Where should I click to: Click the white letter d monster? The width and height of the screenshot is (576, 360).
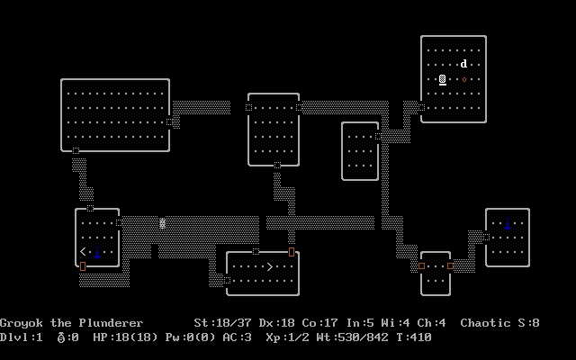pos(464,64)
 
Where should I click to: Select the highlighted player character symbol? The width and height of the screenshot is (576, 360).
pos(443,79)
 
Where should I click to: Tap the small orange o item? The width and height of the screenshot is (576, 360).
pos(464,79)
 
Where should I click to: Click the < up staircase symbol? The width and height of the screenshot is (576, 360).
pos(83,252)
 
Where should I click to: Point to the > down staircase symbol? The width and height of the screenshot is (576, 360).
pos(270,266)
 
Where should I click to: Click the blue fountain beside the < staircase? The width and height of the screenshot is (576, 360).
pos(97,252)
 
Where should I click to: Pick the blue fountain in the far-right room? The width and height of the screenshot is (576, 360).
pos(508,223)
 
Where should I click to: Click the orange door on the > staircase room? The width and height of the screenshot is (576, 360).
pos(292,252)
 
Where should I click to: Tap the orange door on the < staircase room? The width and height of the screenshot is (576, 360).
pos(83,266)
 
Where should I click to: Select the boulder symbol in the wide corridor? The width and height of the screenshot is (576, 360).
pos(162,223)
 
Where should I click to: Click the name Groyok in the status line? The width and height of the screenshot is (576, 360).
pos(22,323)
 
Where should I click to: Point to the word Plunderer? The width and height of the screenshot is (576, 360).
pos(111,323)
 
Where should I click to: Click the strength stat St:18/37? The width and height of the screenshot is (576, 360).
pos(222,323)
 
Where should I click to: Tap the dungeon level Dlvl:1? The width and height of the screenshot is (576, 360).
pos(22,337)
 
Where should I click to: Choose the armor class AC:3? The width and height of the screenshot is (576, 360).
pos(237,337)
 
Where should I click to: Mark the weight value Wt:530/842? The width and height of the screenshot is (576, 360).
pos(352,337)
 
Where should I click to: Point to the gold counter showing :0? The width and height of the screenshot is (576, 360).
pos(68,337)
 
